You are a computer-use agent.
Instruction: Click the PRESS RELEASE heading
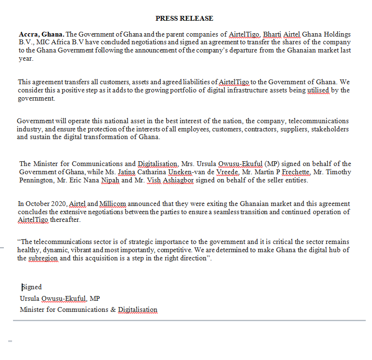point(184,18)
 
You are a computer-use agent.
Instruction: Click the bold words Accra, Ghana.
point(41,34)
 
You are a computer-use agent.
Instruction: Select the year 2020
point(58,204)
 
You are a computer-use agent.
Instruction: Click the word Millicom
point(112,204)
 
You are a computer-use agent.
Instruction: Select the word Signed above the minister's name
point(32,287)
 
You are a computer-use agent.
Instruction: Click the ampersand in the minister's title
point(113,309)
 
